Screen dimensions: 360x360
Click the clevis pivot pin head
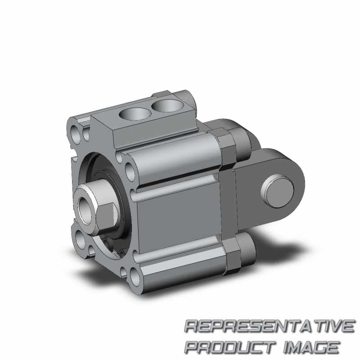[277, 191]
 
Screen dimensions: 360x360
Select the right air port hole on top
[167, 105]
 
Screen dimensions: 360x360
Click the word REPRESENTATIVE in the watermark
[270, 326]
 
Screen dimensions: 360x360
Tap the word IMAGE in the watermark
[311, 346]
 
